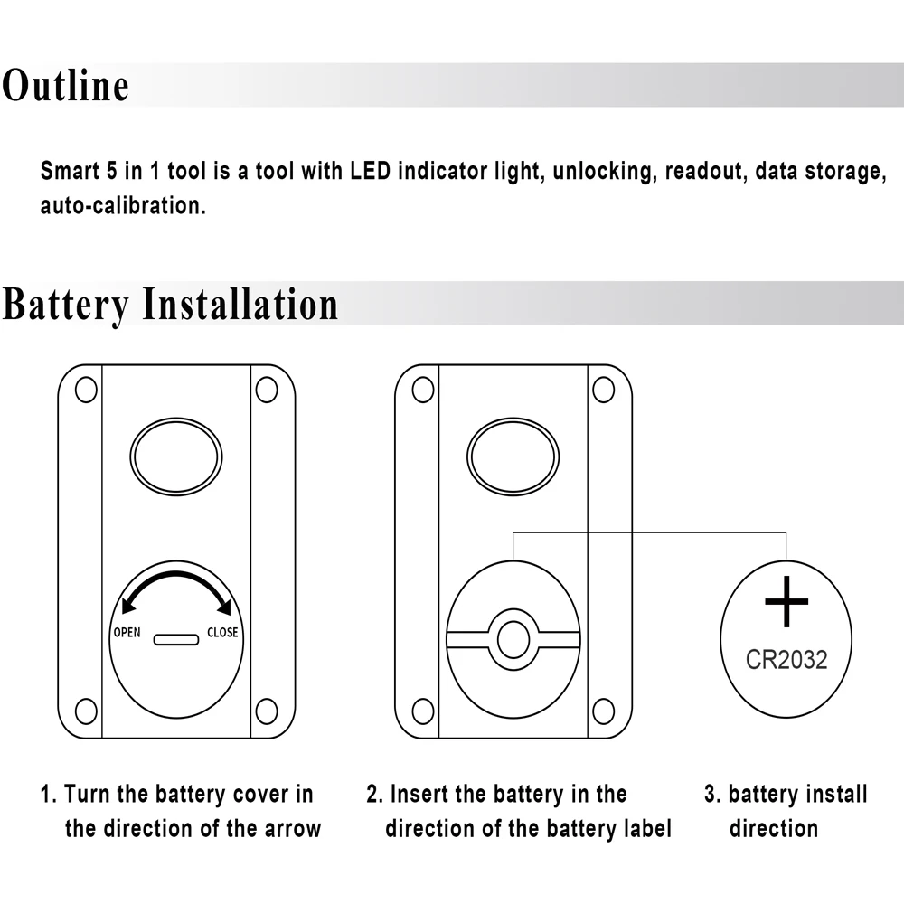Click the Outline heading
tap(65, 86)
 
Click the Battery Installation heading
tap(170, 304)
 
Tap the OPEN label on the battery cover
tap(127, 632)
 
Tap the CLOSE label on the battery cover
tap(222, 632)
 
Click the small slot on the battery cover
tap(176, 639)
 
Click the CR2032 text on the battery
tap(786, 659)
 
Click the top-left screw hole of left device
tap(86, 390)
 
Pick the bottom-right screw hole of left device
tap(266, 711)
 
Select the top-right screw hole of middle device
tap(603, 390)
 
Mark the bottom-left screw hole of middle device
tap(422, 711)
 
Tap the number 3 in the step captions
tap(711, 795)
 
